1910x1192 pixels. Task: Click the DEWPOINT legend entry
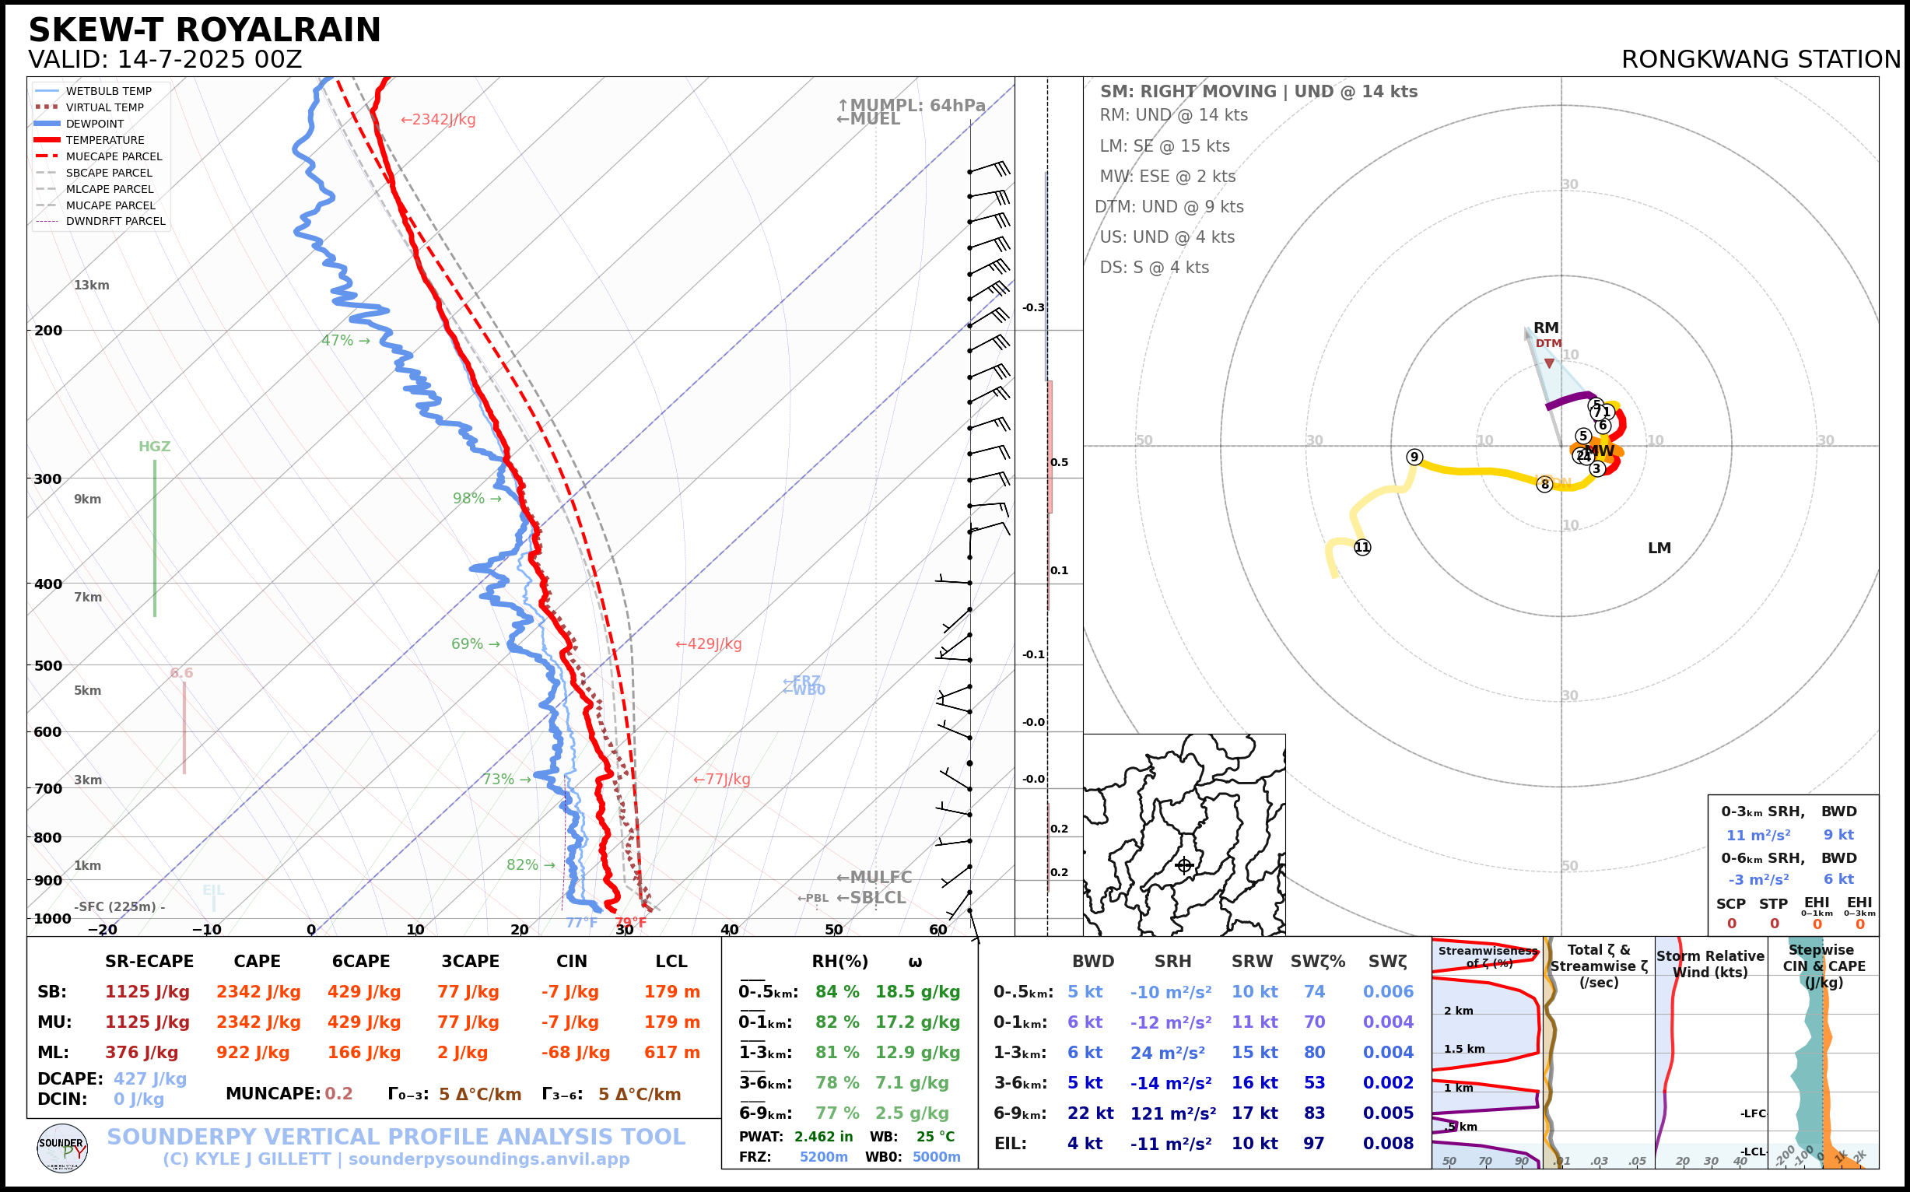(x=95, y=124)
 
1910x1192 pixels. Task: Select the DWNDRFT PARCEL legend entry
(x=115, y=222)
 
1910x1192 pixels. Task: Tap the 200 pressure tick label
(x=48, y=331)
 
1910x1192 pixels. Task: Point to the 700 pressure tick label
(x=48, y=788)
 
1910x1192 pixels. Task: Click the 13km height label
(x=92, y=286)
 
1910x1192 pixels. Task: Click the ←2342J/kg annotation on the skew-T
(x=438, y=120)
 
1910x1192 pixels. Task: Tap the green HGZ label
(x=155, y=446)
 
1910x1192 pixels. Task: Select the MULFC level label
(x=874, y=878)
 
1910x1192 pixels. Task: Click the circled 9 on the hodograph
(x=1414, y=458)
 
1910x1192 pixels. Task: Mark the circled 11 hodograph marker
(x=1362, y=547)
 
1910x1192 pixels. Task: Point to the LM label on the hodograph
(x=1659, y=548)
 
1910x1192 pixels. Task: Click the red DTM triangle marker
(x=1549, y=363)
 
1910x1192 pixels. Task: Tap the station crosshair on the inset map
(x=1184, y=866)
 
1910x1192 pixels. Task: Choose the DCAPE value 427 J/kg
(x=150, y=1078)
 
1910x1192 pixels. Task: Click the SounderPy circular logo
(x=62, y=1148)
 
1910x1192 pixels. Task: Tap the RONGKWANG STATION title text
(x=1760, y=60)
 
